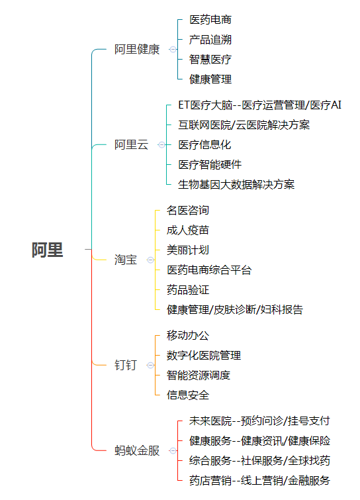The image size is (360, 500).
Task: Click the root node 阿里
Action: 47,250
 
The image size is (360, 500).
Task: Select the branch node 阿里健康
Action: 137,50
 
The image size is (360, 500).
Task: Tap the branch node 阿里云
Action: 131,145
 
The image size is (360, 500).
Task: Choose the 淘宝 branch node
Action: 126,260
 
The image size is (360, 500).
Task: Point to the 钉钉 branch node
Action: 126,365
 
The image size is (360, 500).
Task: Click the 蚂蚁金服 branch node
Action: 137,450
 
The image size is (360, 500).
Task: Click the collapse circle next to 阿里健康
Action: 173,50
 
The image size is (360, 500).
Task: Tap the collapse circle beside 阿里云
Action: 161,145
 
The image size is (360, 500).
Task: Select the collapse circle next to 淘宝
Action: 150,260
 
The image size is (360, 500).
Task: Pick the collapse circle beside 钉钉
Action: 150,365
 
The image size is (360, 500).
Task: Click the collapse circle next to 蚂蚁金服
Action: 173,450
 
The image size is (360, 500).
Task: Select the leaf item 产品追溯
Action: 210,40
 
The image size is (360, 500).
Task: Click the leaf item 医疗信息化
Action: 204,145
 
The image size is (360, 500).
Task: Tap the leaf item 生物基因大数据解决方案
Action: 236,184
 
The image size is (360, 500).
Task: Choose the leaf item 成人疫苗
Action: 188,230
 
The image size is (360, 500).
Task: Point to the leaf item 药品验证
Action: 188,290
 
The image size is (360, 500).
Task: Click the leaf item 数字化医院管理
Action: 204,355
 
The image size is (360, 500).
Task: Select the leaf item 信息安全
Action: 188,395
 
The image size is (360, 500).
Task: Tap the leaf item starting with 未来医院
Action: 259,421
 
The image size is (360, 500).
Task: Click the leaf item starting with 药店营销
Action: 259,480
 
